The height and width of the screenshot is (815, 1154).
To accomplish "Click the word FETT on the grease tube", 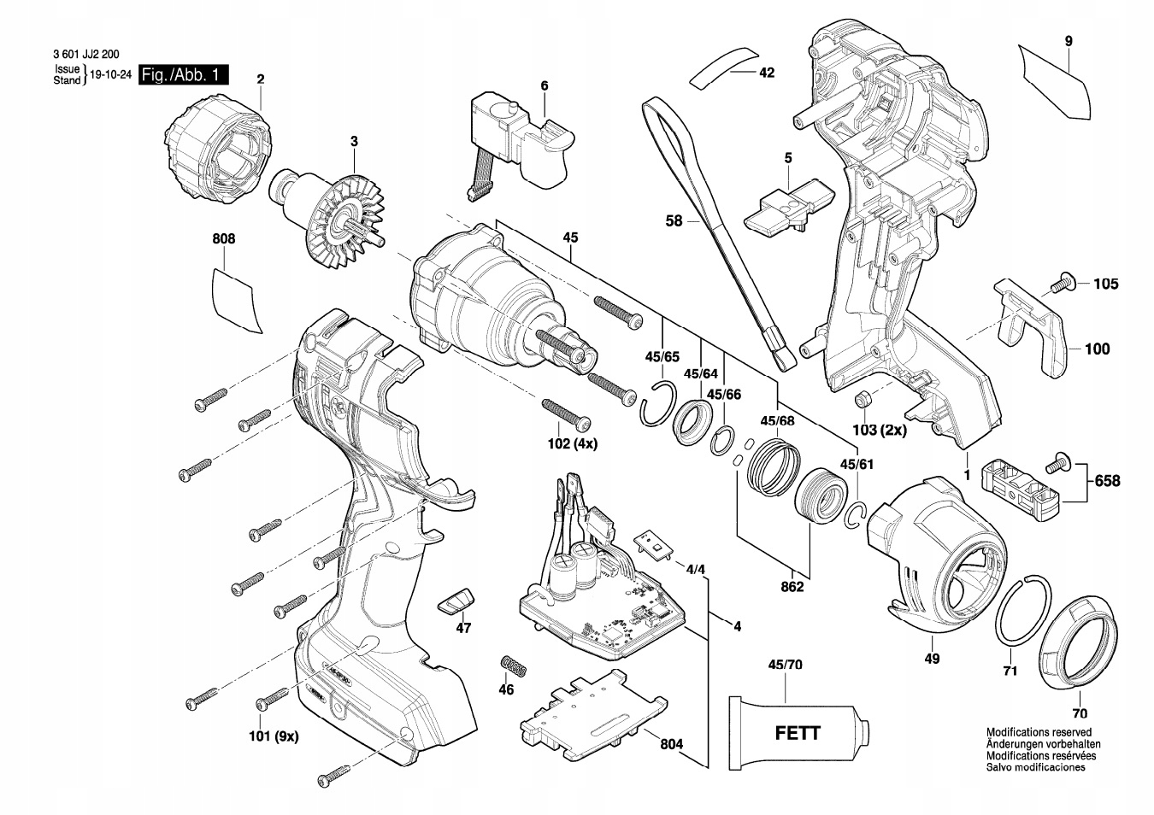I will pos(797,733).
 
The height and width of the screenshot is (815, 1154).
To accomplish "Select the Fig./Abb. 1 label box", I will pos(184,75).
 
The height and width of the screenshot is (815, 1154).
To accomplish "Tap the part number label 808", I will pos(223,240).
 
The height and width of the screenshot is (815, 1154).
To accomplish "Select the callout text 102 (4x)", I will pos(573,444).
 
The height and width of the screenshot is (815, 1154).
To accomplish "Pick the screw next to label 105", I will pos(1064,283).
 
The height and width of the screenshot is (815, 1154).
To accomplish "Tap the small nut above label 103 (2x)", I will pos(863,399).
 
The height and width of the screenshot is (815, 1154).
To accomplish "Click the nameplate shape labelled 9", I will pos(1056,81).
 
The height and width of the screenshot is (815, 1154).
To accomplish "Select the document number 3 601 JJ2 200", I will pos(85,53).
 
